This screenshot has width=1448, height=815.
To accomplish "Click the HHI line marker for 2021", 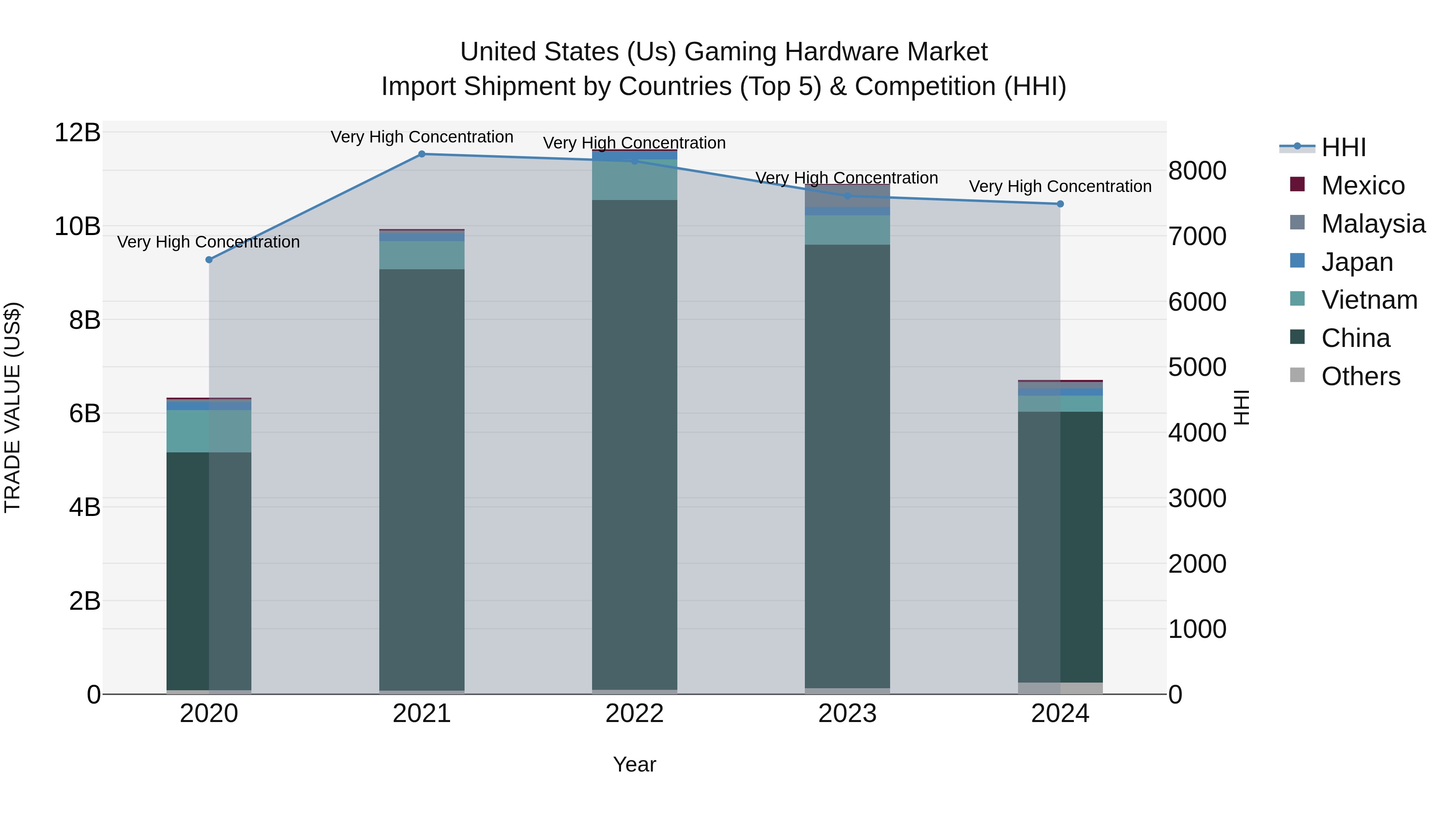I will tap(422, 154).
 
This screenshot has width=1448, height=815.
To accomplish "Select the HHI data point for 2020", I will tap(209, 260).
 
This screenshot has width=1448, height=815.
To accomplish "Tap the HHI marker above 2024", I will tap(1060, 204).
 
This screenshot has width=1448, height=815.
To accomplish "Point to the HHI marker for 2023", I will tap(847, 196).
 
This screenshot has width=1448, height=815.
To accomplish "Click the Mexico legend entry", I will tap(1363, 186).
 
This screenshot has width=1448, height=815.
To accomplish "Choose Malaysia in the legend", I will tap(1373, 224).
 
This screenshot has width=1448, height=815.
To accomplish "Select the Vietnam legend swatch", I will tap(1297, 299).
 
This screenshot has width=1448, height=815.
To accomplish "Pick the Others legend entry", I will tap(1360, 376).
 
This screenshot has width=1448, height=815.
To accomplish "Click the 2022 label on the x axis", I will tap(635, 714).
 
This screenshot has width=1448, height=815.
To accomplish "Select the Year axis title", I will tap(635, 764).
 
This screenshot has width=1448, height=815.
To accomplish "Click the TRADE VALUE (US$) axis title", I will tap(13, 407).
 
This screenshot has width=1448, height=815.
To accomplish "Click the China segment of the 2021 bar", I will tap(422, 478).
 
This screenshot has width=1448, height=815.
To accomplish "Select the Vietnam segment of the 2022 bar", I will tap(635, 180).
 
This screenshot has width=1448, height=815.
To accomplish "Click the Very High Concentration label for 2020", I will tap(208, 242).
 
